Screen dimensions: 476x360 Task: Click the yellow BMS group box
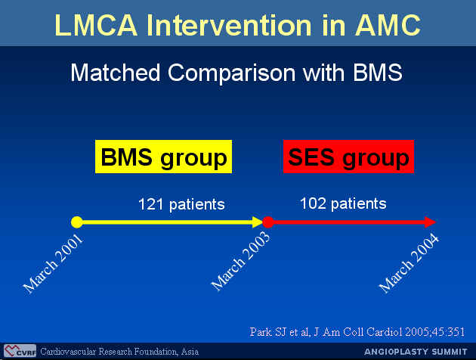click(163, 157)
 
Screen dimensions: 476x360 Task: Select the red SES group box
click(348, 157)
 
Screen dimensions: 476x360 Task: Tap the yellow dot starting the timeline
click(77, 222)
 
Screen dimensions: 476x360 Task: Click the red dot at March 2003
click(268, 222)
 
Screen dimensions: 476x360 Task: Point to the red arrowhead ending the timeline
click(431, 222)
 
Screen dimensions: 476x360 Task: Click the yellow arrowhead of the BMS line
click(258, 222)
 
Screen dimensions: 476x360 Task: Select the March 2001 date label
click(53, 264)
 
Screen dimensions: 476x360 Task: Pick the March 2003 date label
click(240, 262)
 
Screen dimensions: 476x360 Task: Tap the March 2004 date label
click(409, 263)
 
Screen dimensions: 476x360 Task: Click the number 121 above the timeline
click(151, 204)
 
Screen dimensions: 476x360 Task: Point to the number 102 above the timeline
click(313, 203)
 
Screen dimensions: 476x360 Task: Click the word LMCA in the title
click(96, 25)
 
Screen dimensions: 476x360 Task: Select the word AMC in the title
click(388, 25)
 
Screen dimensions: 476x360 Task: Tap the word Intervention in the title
click(229, 25)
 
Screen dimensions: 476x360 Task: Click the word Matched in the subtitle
click(116, 73)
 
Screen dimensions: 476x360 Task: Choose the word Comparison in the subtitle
click(231, 73)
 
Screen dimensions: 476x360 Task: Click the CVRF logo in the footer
click(20, 351)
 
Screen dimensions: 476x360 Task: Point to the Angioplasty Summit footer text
click(416, 352)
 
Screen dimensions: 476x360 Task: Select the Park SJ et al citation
click(357, 332)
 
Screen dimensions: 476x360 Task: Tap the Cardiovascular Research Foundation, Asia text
click(119, 352)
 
